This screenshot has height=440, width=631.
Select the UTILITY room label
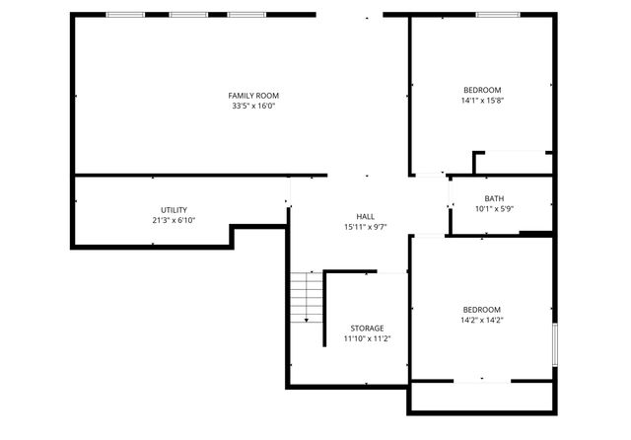174,210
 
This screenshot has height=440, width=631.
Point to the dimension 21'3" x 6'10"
174,221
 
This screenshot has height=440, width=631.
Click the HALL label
365,216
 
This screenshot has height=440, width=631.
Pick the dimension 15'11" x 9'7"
365,227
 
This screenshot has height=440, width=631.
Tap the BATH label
494,198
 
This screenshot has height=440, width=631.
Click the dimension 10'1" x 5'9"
494,209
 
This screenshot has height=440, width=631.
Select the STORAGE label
367,328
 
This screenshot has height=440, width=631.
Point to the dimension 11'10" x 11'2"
367,338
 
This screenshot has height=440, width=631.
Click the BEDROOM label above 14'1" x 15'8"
481,90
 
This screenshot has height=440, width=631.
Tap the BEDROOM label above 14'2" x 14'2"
482,309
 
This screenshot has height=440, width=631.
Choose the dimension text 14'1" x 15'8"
481,101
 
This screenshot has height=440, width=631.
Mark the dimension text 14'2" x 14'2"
482,320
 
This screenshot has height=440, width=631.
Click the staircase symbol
307,295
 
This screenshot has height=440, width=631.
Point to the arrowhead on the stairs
307,319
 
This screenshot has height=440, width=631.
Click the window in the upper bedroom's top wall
499,15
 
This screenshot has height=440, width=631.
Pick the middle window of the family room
186,15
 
